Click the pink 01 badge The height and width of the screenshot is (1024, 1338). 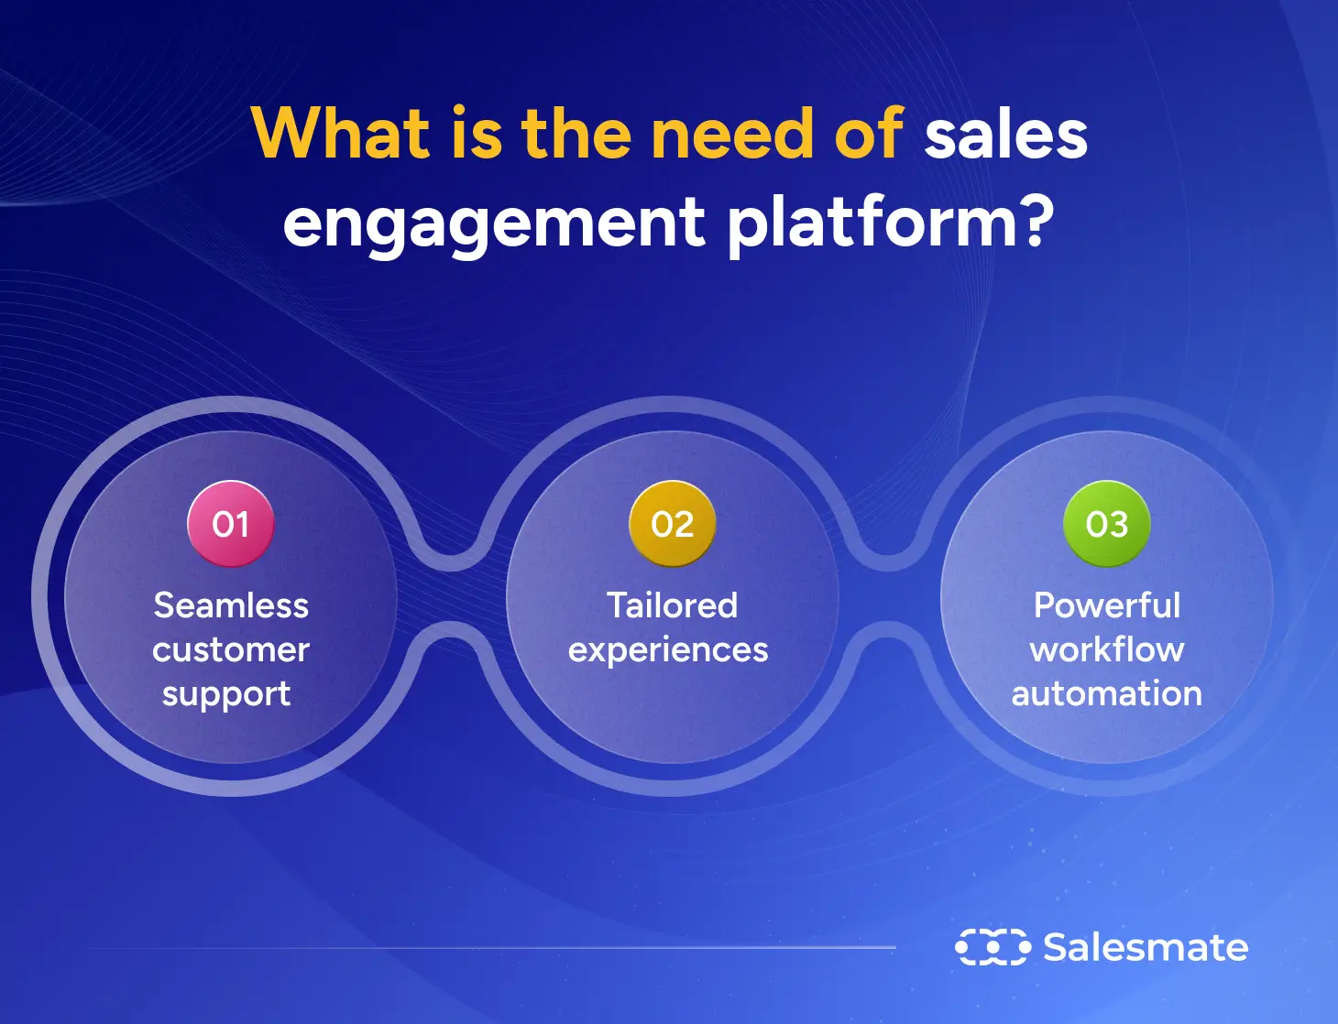[230, 524]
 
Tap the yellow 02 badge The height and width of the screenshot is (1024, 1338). [672, 524]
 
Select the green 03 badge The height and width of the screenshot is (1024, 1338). [1106, 524]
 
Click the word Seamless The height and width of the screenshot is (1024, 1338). [231, 605]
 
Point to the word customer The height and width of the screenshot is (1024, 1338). [231, 649]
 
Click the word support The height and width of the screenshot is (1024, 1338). [226, 694]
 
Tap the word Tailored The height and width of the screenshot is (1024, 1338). [672, 605]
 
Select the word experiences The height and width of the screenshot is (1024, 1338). [668, 650]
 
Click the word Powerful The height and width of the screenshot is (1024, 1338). [1106, 605]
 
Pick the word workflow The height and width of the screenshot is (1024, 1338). [1106, 649]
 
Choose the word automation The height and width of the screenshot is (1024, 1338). [1106, 693]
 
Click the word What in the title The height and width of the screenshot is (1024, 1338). [341, 134]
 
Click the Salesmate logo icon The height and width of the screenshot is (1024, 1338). [992, 947]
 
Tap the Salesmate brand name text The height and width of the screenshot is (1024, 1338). [1145, 947]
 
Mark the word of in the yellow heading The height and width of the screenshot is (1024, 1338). [869, 134]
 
